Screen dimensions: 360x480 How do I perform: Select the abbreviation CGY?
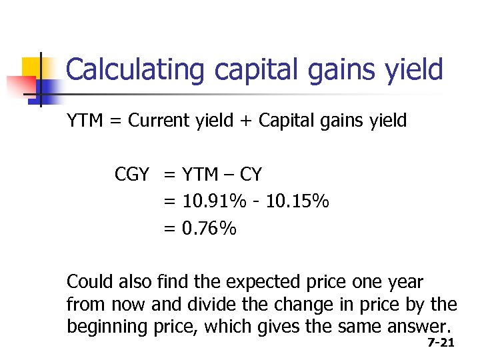click(132, 175)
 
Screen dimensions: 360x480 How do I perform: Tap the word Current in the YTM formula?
click(159, 121)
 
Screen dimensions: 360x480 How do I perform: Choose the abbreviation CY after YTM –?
click(250, 175)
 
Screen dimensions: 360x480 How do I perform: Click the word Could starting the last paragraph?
click(90, 283)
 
